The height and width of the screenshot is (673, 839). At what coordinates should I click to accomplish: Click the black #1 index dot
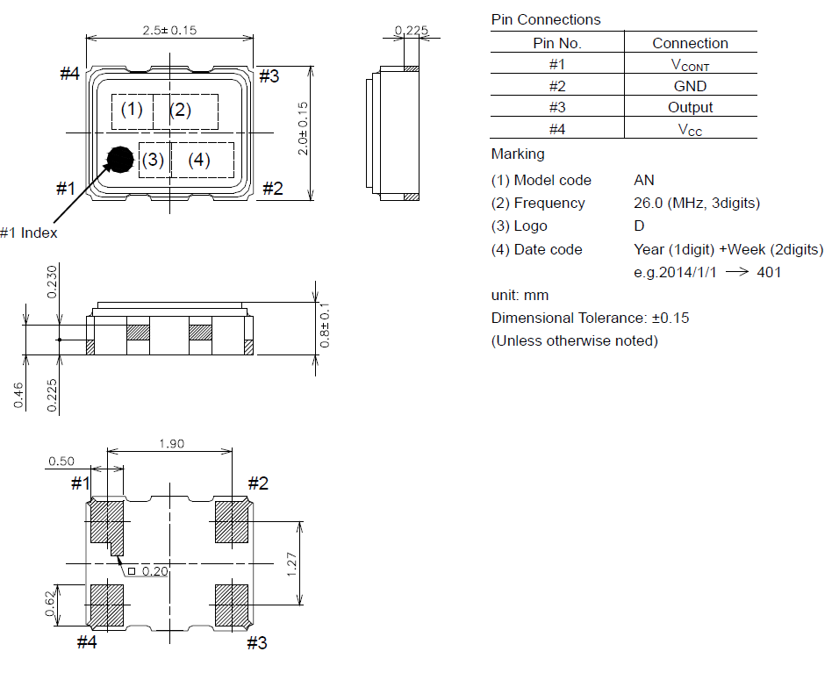click(120, 160)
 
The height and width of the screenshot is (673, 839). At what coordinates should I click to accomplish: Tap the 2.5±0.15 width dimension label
click(169, 31)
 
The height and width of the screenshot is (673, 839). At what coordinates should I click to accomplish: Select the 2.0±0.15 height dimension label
click(303, 128)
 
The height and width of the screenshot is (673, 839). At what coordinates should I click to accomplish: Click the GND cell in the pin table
click(690, 86)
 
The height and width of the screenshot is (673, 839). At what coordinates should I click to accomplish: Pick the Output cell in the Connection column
click(690, 108)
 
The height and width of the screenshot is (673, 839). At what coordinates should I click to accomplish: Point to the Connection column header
click(690, 43)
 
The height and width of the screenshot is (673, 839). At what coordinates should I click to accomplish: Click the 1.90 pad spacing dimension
click(171, 443)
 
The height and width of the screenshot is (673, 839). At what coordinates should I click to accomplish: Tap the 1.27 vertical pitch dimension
click(291, 564)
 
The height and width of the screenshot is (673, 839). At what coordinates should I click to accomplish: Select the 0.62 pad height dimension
click(50, 603)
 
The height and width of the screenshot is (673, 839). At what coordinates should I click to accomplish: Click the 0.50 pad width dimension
click(61, 462)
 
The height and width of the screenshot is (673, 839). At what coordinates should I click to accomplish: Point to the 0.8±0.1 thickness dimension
click(324, 325)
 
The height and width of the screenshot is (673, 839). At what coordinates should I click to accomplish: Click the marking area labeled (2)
click(186, 111)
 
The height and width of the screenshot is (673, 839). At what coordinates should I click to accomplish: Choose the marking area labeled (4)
click(202, 160)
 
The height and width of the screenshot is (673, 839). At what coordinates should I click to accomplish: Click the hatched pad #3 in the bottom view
click(231, 605)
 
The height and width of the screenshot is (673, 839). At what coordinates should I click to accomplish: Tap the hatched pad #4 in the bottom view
click(107, 605)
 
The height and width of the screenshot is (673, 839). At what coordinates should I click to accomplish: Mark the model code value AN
click(643, 180)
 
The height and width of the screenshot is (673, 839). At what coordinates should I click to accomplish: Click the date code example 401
click(769, 272)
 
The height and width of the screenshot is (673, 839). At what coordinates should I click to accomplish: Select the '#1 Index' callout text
click(29, 233)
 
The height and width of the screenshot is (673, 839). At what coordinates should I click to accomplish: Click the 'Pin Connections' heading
click(546, 20)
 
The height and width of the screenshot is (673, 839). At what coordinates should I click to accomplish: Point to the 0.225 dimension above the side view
click(411, 30)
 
